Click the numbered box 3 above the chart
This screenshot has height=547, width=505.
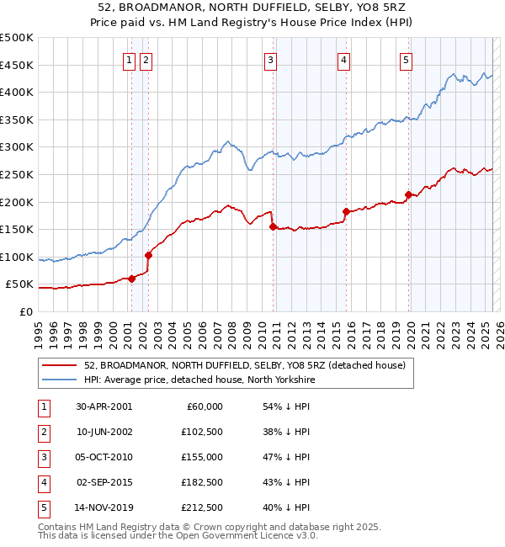270,60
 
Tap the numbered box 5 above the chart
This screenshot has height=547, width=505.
406,60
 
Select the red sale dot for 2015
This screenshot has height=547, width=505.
346,211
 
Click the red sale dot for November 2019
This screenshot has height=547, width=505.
408,195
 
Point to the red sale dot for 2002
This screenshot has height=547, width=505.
148,255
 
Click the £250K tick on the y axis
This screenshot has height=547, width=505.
17,174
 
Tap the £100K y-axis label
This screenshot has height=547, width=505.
17,257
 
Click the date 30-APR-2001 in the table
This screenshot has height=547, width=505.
104,406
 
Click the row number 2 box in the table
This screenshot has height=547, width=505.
43,432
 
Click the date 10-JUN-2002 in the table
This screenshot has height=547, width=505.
104,432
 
